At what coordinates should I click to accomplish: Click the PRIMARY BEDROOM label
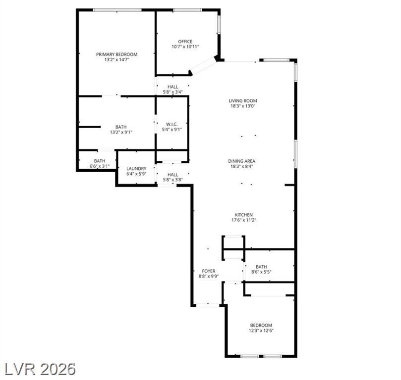pyautogui.click(x=116, y=54)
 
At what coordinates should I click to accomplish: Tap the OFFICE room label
pyautogui.click(x=185, y=42)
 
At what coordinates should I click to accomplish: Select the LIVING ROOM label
pyautogui.click(x=243, y=101)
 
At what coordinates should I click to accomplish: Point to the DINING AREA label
pyautogui.click(x=242, y=161)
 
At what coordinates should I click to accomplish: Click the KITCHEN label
pyautogui.click(x=244, y=215)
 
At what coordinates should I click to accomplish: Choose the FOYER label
pyautogui.click(x=208, y=271)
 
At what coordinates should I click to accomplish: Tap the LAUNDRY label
pyautogui.click(x=136, y=169)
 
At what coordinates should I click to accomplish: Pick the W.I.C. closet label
pyautogui.click(x=172, y=124)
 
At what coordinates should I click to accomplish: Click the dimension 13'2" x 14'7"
pyautogui.click(x=116, y=60)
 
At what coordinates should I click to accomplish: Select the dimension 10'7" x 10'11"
pyautogui.click(x=185, y=47)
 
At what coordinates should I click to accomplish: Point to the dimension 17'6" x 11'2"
pyautogui.click(x=244, y=220)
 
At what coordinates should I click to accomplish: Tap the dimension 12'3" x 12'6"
pyautogui.click(x=261, y=331)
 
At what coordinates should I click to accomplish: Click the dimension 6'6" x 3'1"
pyautogui.click(x=100, y=166)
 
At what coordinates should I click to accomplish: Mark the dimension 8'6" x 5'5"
pyautogui.click(x=261, y=272)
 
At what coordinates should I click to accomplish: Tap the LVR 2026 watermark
pyautogui.click(x=40, y=369)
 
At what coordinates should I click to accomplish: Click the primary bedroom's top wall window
pyautogui.click(x=117, y=10)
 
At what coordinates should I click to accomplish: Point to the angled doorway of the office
pyautogui.click(x=203, y=66)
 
